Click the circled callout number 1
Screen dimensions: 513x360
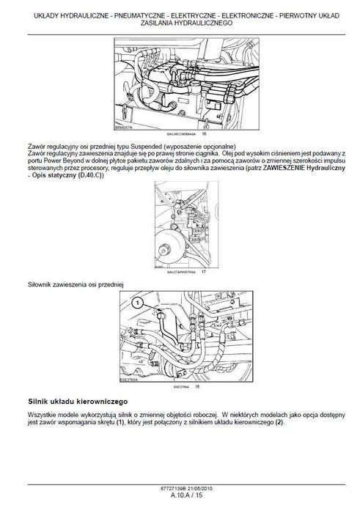[135, 302]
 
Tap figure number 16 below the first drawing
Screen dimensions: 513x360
[204, 134]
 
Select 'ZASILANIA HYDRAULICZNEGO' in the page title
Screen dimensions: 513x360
[180, 23]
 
